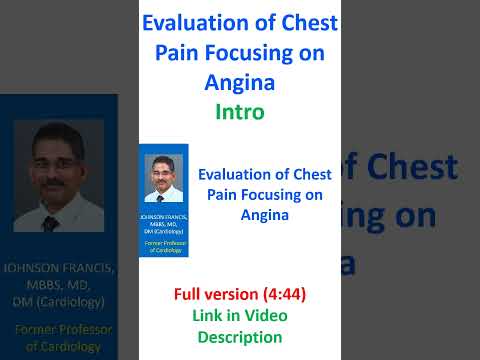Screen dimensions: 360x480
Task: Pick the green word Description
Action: [240, 338]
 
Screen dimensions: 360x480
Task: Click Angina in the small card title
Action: [263, 213]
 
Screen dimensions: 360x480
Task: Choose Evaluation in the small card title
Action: [238, 173]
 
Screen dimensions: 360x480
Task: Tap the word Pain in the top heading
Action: [179, 54]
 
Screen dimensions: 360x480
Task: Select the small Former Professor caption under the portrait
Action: [164, 246]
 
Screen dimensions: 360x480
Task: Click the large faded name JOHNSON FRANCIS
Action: [60, 269]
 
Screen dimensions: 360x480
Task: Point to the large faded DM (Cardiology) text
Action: [60, 301]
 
